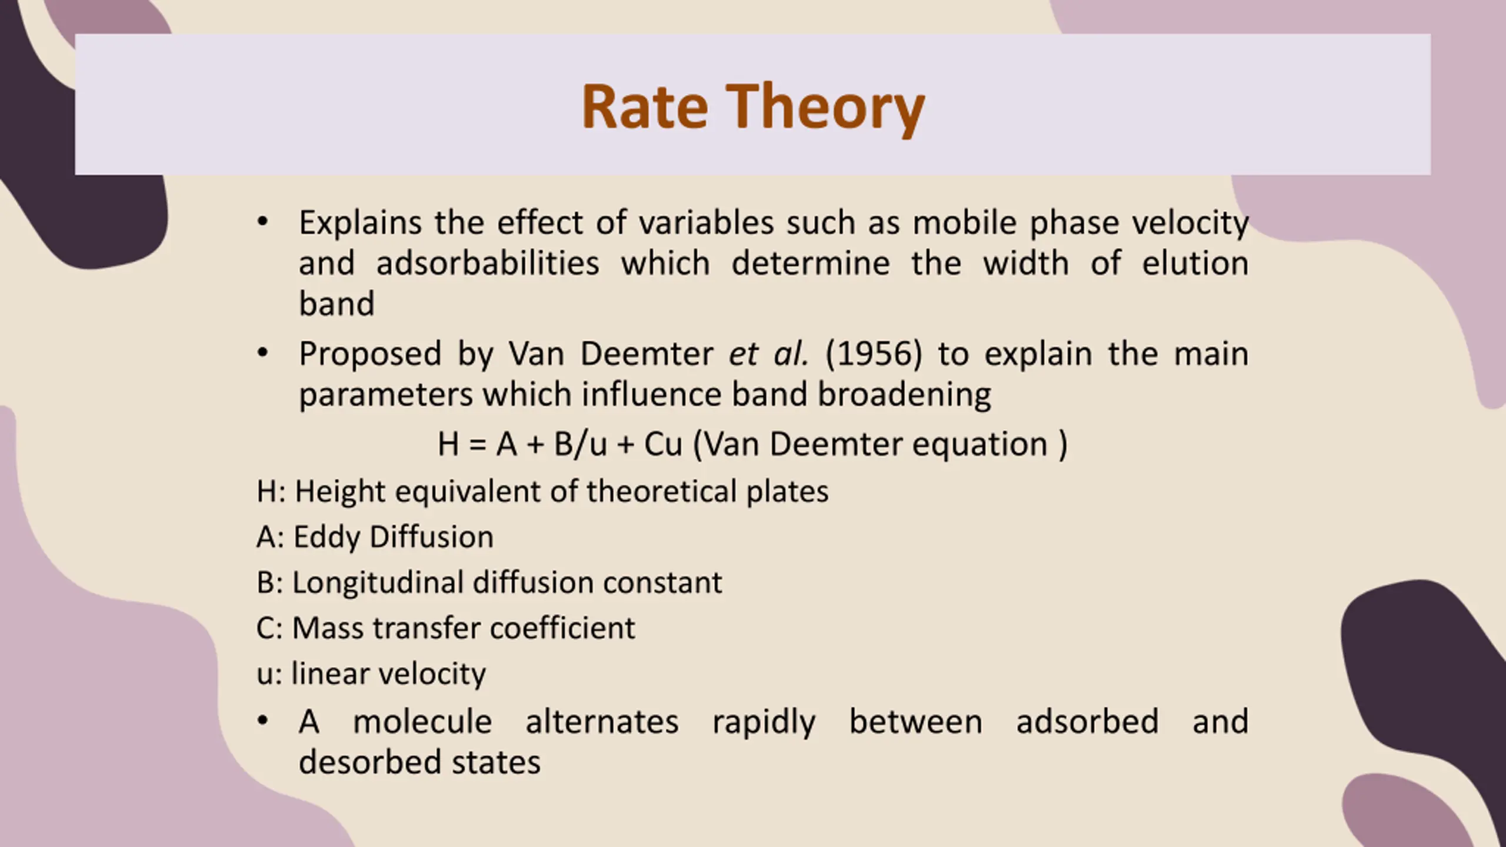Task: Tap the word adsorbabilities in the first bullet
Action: click(488, 263)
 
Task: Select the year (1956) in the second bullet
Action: click(874, 354)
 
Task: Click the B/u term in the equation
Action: click(581, 443)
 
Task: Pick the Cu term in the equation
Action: click(663, 444)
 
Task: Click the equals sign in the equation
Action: click(478, 445)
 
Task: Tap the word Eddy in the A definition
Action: click(326, 538)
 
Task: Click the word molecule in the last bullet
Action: click(422, 722)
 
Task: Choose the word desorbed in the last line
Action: click(367, 762)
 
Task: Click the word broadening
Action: click(904, 395)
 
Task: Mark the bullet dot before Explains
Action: click(262, 222)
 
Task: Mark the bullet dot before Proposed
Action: click(262, 353)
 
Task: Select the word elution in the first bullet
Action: click(1195, 263)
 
